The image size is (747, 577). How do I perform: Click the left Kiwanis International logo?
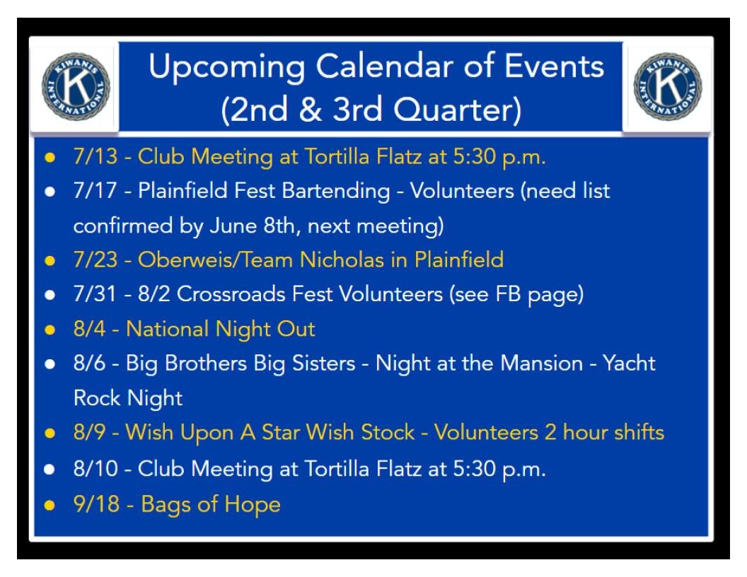click(x=76, y=86)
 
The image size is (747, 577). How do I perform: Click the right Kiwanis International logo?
click(x=668, y=86)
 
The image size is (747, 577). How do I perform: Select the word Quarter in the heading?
click(x=457, y=110)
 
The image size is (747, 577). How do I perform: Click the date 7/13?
click(x=95, y=156)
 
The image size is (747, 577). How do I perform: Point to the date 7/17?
click(x=95, y=190)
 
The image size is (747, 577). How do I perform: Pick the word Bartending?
click(x=336, y=192)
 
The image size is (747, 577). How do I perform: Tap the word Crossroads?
click(x=231, y=294)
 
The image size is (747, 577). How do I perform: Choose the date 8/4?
click(x=90, y=329)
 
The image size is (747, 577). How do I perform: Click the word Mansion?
click(x=542, y=363)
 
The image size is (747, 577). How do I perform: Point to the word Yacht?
click(x=629, y=363)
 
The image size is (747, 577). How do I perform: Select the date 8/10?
click(x=95, y=468)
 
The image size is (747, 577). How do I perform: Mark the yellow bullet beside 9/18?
click(x=50, y=505)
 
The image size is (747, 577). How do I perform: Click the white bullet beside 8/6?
click(x=50, y=364)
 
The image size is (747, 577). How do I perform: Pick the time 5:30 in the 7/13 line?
click(x=474, y=156)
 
